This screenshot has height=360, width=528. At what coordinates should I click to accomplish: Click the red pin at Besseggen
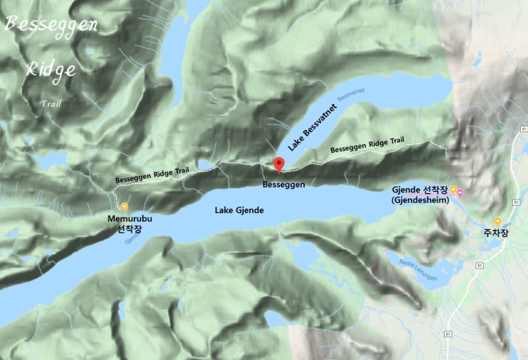[279, 165]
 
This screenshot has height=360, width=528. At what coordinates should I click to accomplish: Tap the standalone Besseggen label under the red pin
[284, 185]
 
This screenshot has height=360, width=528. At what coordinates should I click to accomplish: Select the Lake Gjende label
[239, 211]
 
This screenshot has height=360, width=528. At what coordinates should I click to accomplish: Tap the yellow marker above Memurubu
[124, 207]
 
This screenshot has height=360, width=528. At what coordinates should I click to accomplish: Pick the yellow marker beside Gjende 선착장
[453, 190]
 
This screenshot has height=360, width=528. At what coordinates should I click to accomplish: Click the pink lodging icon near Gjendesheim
[460, 192]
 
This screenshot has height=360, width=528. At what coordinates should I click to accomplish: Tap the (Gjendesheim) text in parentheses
[419, 201]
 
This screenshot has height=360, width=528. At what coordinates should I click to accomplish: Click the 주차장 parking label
[497, 233]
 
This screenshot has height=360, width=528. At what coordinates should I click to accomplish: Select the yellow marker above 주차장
[497, 221]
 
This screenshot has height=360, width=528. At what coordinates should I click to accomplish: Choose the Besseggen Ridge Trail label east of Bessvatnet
[367, 146]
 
